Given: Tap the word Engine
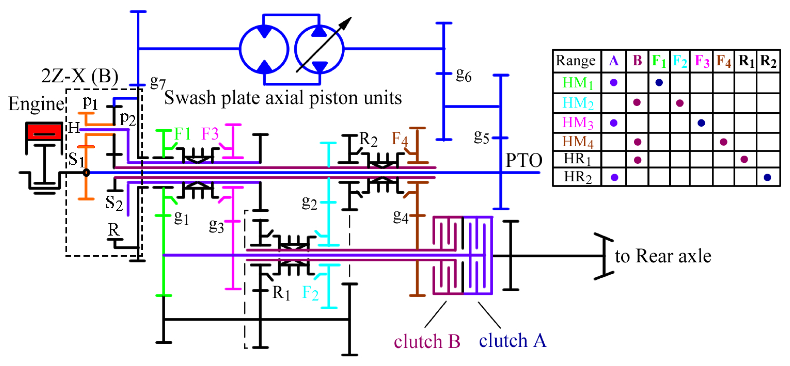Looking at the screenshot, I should (36, 104).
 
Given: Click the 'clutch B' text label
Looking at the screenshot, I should (427, 342).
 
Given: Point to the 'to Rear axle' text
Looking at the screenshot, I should (663, 256).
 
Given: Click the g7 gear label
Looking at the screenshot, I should (158, 82).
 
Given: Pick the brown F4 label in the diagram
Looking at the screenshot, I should (400, 139).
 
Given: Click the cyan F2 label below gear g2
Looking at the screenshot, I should (310, 293).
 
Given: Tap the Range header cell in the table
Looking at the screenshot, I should (575, 61).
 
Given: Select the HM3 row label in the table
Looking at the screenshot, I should (577, 123).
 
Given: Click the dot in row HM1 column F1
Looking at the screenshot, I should (659, 82).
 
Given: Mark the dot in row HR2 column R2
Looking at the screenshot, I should (767, 177).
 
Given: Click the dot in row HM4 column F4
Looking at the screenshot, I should (723, 142).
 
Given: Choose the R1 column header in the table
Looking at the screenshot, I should (746, 61).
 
